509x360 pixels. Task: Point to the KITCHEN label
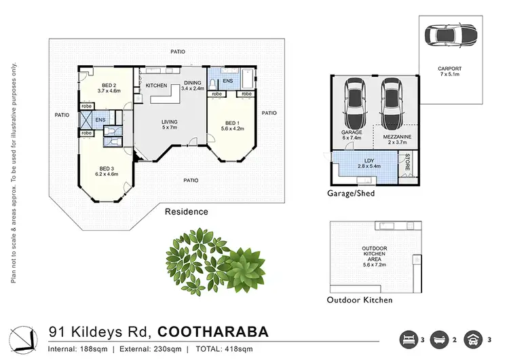point(157,86)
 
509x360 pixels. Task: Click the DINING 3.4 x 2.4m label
point(193,86)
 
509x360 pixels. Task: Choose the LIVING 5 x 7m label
point(169,124)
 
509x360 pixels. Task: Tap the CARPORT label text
point(449,69)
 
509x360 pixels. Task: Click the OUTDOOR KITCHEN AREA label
point(374,254)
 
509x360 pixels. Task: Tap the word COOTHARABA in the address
point(212,331)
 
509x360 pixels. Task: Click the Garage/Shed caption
point(350,193)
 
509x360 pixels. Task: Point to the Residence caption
point(187,211)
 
